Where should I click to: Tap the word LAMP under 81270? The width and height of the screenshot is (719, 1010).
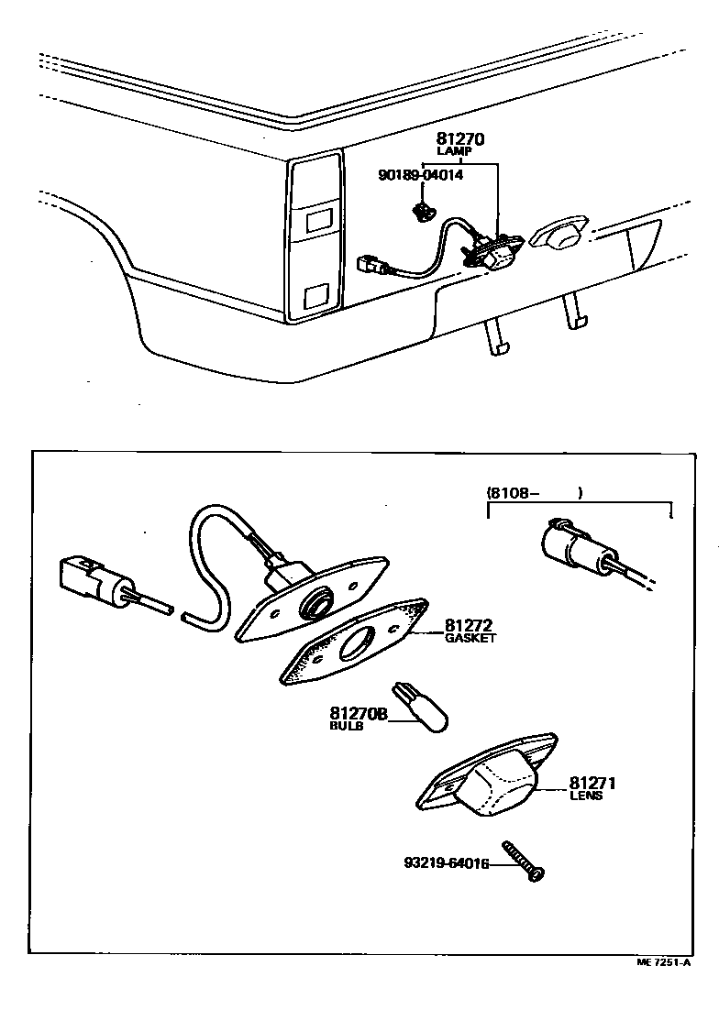tap(460, 152)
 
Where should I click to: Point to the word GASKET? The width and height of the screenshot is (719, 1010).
tap(470, 639)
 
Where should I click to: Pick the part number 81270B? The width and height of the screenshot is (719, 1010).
tap(359, 713)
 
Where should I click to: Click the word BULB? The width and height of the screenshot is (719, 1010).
tap(347, 726)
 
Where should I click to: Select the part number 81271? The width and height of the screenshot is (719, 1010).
tap(592, 784)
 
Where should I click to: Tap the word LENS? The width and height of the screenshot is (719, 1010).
tap(586, 796)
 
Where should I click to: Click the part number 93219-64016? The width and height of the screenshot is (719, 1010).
tap(445, 863)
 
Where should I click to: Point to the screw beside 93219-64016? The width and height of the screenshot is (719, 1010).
tap(524, 862)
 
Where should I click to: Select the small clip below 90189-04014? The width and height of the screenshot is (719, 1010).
tap(422, 212)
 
